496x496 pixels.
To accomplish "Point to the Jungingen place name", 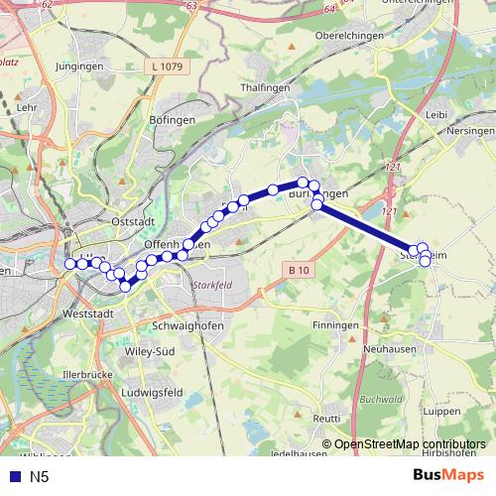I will coord(80,66).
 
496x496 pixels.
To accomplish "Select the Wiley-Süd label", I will coord(148,350).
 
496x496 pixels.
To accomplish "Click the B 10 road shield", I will coord(300,270).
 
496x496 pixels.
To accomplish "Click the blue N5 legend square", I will coord(11,477).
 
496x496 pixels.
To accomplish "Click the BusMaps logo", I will coord(447,476).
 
